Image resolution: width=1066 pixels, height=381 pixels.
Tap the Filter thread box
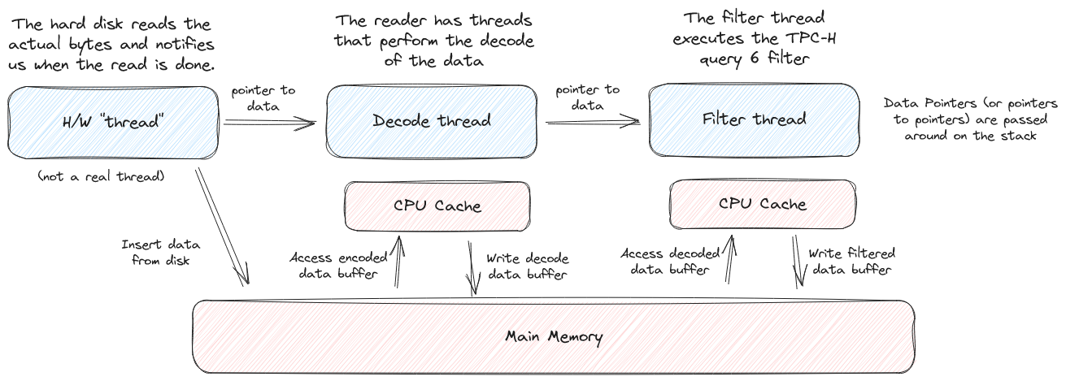coord(754,119)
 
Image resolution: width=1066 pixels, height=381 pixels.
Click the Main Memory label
coord(554,336)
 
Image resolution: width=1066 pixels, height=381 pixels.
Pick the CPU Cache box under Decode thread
coord(437,206)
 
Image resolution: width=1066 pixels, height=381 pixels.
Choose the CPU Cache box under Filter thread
coord(763,204)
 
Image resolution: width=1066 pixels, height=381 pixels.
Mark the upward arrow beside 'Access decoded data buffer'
coord(729,259)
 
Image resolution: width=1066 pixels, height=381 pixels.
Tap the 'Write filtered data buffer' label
coord(851,262)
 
